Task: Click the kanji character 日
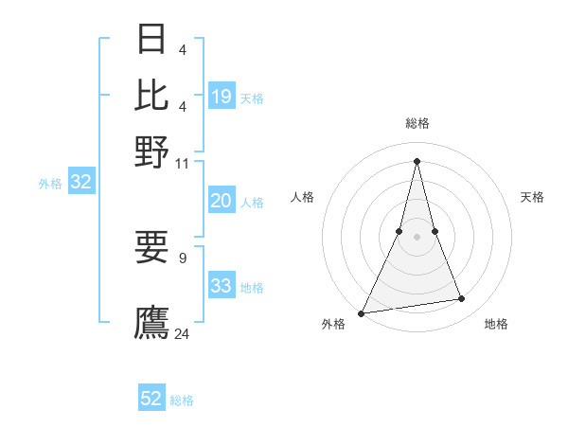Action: [x=152, y=39]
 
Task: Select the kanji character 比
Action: [x=152, y=95]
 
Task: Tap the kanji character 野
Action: [x=152, y=151]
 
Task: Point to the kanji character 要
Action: [x=152, y=248]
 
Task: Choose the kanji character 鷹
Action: [x=152, y=323]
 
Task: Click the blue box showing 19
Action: [x=222, y=97]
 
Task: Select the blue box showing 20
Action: [x=221, y=201]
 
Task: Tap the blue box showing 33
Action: [x=221, y=286]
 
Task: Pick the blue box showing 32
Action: [x=80, y=183]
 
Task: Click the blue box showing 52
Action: [x=151, y=399]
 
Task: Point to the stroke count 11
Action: [x=183, y=163]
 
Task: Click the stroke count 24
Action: [x=183, y=333]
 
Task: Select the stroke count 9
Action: [x=183, y=258]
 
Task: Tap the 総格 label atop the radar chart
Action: [x=417, y=123]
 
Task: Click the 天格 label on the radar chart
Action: [x=532, y=197]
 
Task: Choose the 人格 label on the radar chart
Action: [x=302, y=197]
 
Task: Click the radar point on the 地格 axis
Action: [x=462, y=299]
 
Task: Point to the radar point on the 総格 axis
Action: [x=417, y=160]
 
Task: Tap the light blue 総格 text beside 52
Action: [x=182, y=400]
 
